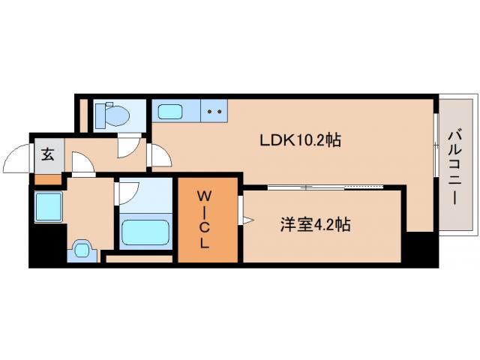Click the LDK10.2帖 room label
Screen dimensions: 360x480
pyautogui.click(x=300, y=140)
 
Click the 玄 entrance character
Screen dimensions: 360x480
pyautogui.click(x=47, y=155)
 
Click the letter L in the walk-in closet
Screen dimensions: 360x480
pyautogui.click(x=203, y=243)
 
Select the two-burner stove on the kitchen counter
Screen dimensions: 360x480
pyautogui.click(x=214, y=113)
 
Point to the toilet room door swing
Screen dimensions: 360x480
pyautogui.click(x=132, y=147)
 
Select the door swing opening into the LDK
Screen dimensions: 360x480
pyautogui.click(x=160, y=155)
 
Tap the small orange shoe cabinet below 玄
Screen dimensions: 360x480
pyautogui.click(x=46, y=179)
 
